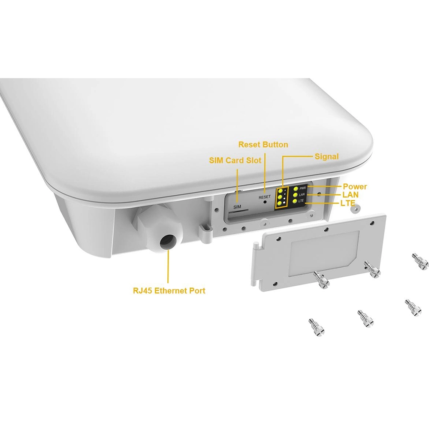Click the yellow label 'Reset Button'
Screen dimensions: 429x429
(263, 145)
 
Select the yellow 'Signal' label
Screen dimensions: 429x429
(326, 157)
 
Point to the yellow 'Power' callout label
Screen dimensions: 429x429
(355, 187)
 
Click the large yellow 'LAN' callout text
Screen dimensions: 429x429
(351, 194)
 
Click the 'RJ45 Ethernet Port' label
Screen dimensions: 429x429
(169, 291)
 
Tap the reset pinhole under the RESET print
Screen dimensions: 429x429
(266, 202)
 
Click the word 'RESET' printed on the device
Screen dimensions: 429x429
(264, 197)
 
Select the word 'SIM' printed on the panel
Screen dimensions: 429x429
(237, 207)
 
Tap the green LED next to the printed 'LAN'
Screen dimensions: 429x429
(295, 195)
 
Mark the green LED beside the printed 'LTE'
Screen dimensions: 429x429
(295, 201)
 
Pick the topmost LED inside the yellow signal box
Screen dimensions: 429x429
(280, 190)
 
